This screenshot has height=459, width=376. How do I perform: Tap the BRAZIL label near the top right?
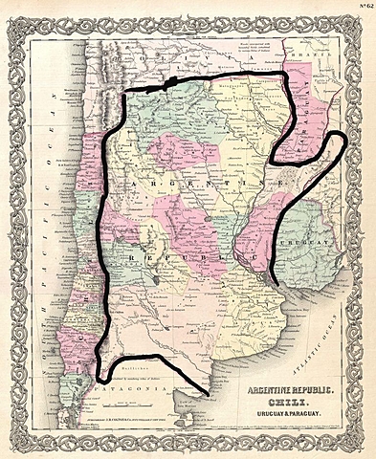pos(345,55)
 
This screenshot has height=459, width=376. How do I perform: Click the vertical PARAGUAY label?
pos(299,115)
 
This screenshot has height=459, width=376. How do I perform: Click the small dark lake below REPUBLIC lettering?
pos(155,284)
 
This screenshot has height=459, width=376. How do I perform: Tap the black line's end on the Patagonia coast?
pos(208,393)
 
